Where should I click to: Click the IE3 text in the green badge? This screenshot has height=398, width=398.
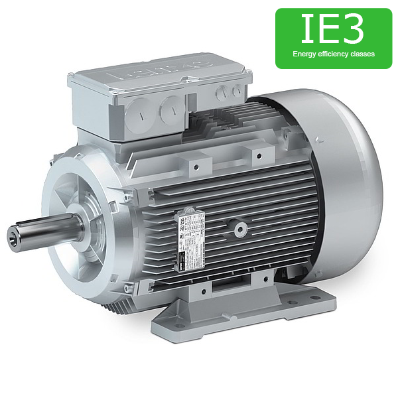333,30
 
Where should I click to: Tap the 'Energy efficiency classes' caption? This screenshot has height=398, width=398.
333,54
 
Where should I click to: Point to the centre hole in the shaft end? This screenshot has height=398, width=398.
14,235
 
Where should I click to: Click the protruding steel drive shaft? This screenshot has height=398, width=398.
40,233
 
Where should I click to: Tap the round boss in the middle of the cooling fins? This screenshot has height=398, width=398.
240,230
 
